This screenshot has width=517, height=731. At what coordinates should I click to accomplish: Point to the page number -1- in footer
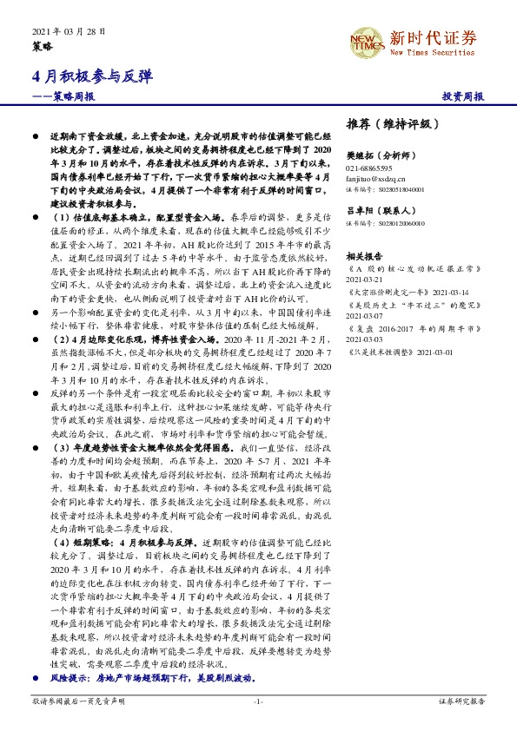click(258, 701)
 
